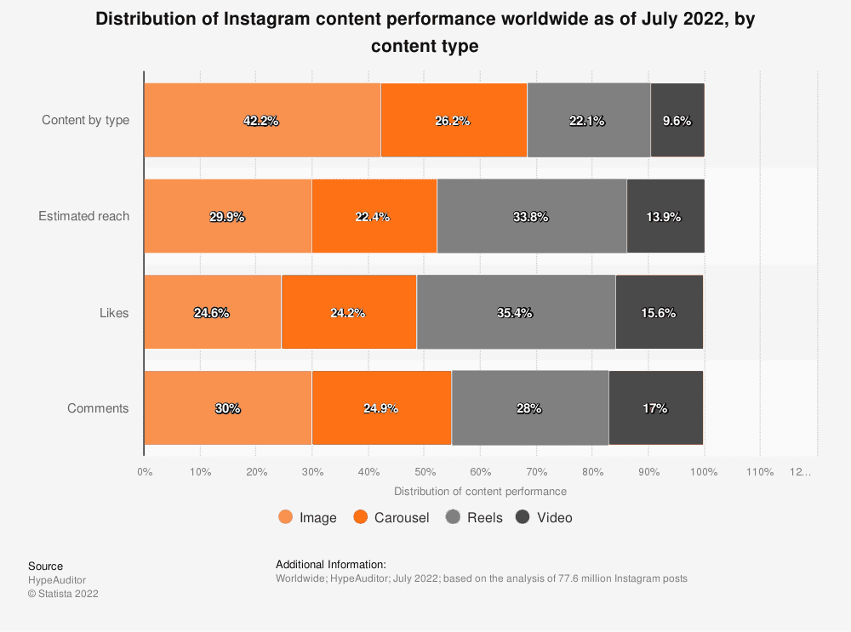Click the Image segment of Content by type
262,120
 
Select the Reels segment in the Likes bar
516,312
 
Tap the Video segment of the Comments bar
656,408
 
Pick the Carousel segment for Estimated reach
374,216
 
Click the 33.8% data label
530,217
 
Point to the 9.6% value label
677,121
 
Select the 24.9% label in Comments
380,408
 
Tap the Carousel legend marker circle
359,517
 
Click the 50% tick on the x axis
424,471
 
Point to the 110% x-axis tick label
760,471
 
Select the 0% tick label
145,471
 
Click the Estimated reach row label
83,216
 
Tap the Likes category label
114,312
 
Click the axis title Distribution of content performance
480,491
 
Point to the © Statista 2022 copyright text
63,594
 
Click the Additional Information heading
330,564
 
